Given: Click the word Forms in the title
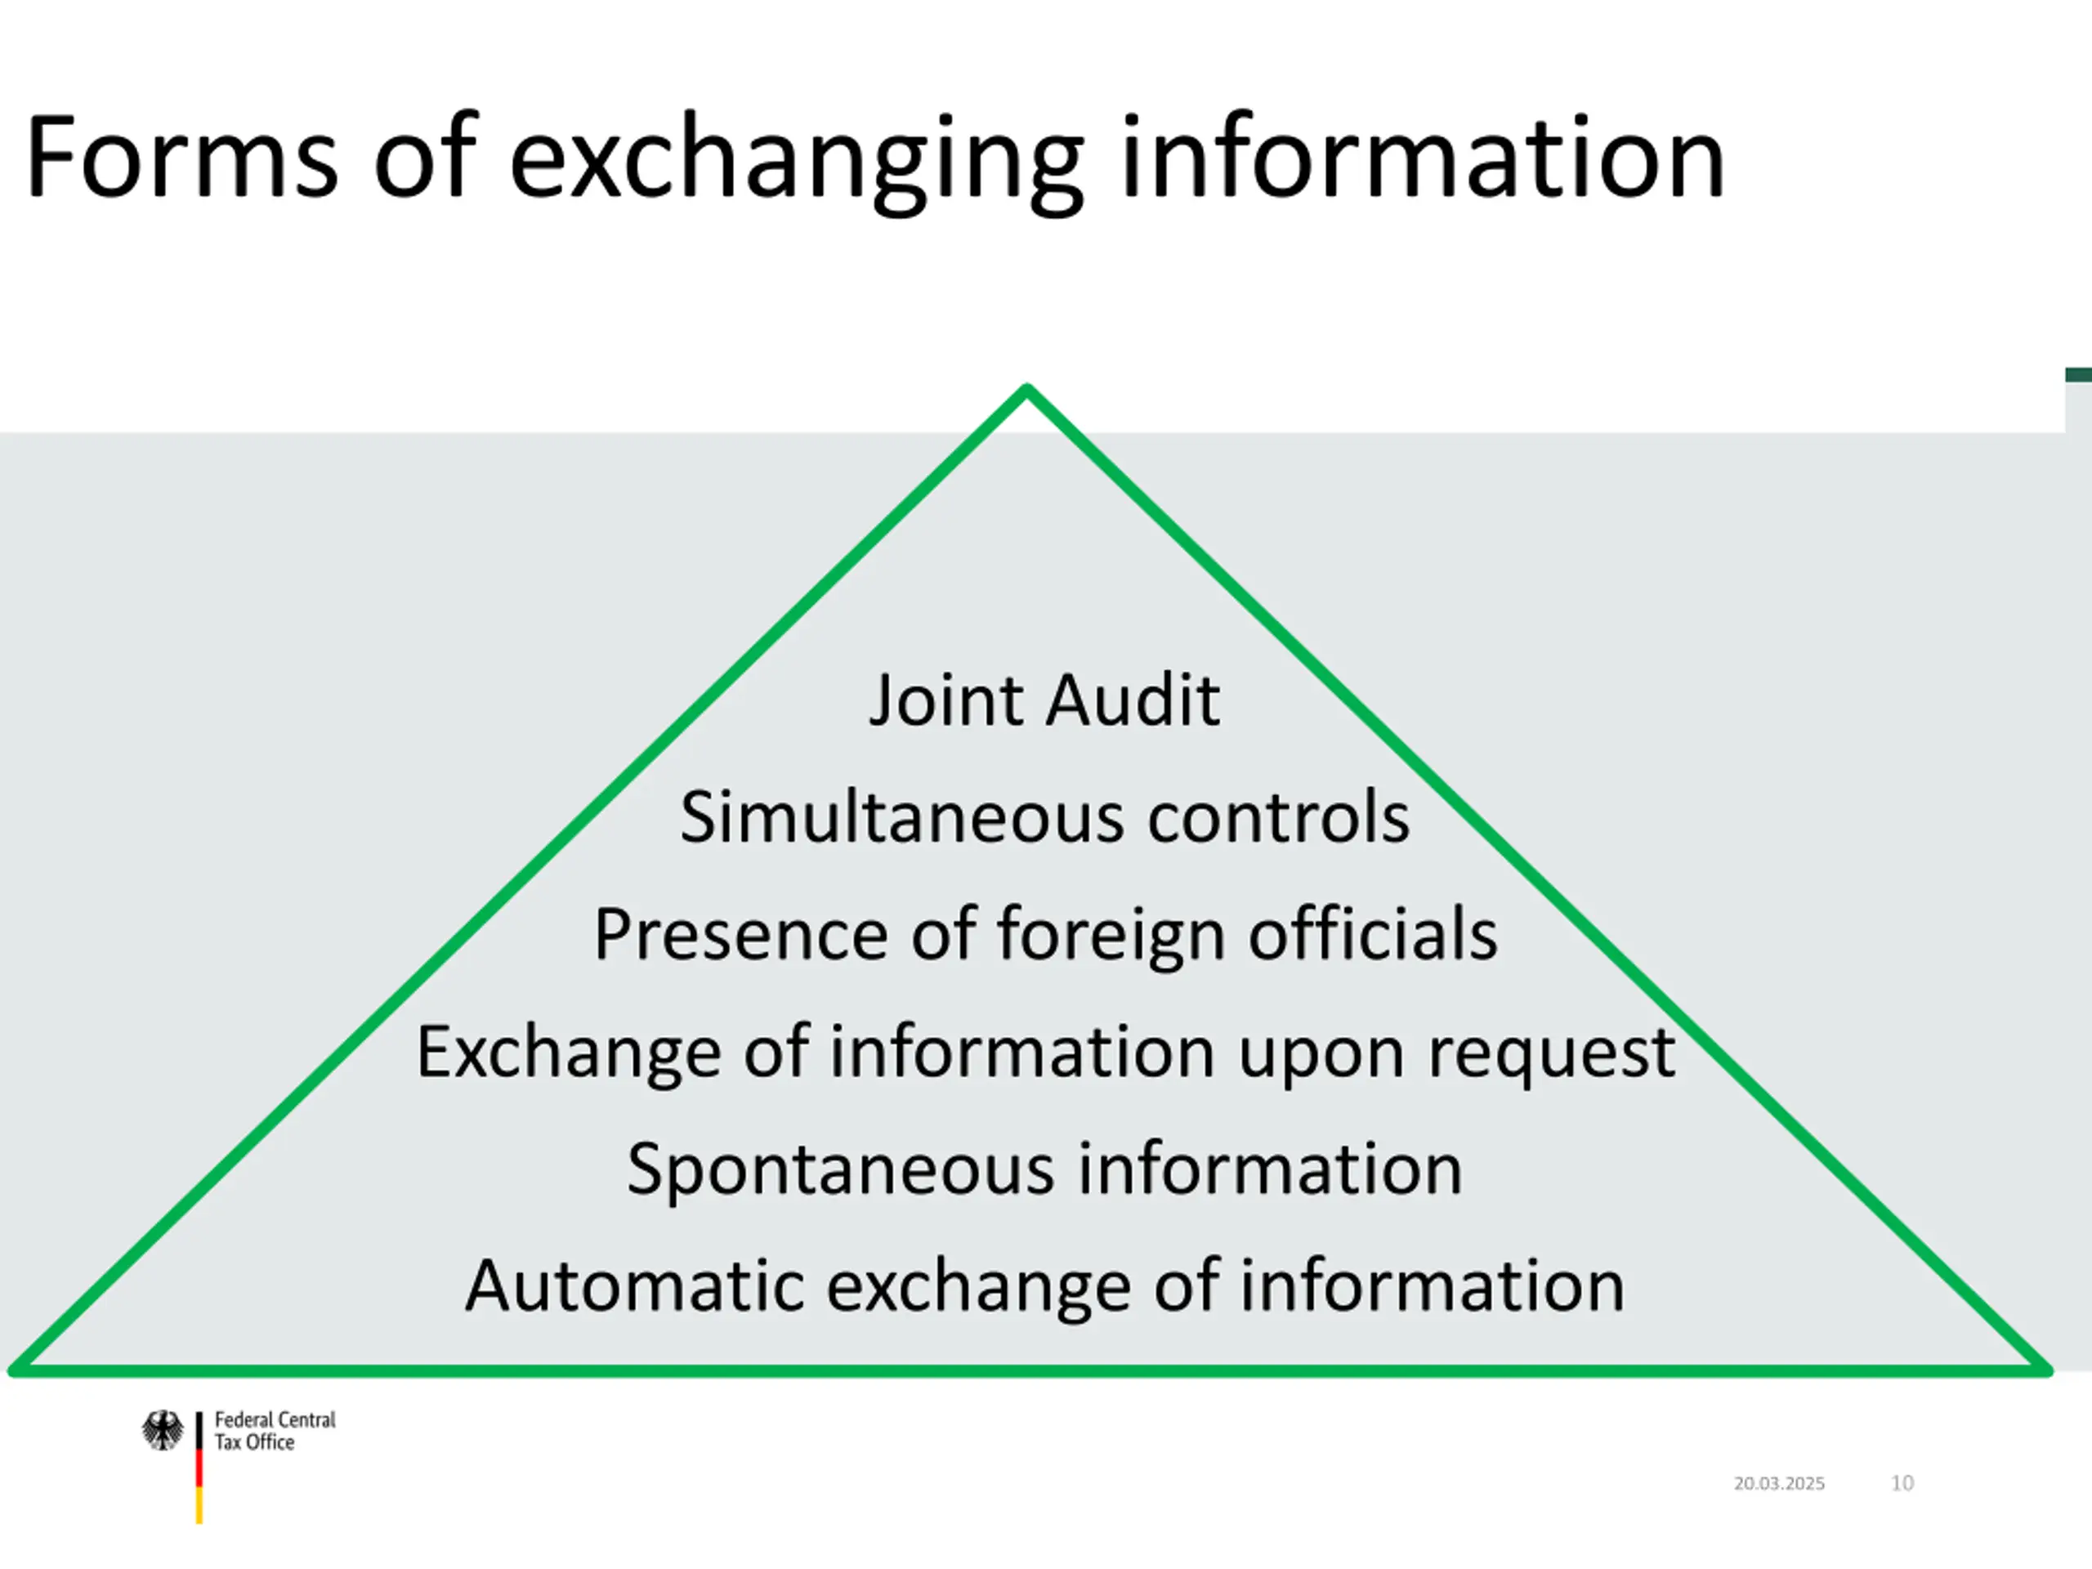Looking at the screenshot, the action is tap(181, 157).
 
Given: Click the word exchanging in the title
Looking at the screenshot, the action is tap(795, 161).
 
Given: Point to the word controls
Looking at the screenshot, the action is tap(1278, 817).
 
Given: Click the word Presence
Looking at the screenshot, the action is tap(740, 934).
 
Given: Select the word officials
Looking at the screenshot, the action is tap(1372, 934).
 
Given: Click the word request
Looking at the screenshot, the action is tap(1551, 1053).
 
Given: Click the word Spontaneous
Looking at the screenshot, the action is tap(840, 1171).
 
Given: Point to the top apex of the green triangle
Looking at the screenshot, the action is tap(1027, 389).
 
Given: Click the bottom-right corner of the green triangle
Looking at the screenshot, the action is tap(2046, 1369).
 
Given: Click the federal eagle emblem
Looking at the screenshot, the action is tap(163, 1431).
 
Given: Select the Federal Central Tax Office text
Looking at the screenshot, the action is tap(275, 1431).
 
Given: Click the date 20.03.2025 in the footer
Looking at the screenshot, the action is tap(1779, 1483).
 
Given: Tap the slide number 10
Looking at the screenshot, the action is tap(1902, 1483).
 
